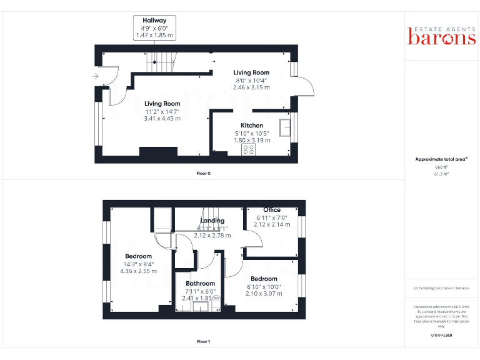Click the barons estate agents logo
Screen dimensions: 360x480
442,36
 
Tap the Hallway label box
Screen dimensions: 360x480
154,28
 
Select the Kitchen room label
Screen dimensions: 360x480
252,126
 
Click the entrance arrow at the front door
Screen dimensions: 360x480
96,76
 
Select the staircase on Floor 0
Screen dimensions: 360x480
162,60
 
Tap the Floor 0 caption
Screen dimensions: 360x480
203,173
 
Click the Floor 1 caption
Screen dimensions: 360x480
203,342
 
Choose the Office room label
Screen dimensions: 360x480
272,210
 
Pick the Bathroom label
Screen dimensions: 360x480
200,284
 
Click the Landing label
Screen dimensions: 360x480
212,221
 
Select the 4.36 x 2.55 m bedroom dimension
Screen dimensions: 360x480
138,271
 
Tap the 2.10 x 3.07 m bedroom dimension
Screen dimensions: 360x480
264,294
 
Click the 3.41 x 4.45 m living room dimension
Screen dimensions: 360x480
162,118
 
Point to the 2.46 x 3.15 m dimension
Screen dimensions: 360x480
251,87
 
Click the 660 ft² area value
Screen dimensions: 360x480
442,167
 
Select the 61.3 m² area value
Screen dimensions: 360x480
442,175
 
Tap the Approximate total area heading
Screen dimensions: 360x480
441,159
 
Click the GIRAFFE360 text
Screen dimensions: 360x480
441,336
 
